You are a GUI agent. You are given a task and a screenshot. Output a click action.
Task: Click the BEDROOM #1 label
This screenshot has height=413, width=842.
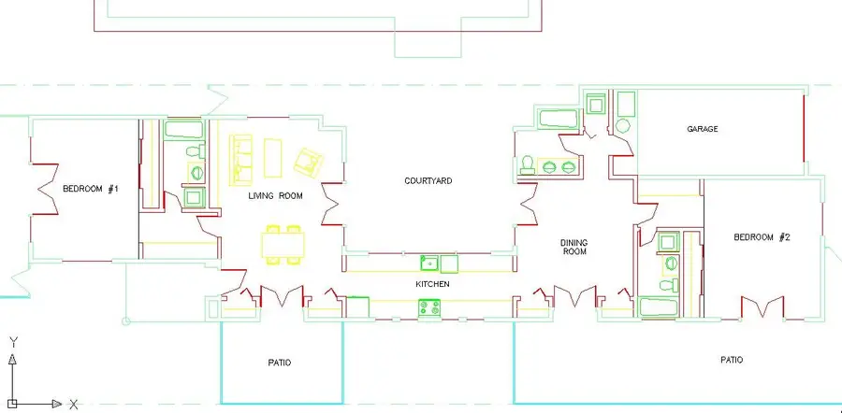click(90, 189)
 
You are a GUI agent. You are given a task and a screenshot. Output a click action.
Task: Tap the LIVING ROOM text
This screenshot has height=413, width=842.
click(275, 196)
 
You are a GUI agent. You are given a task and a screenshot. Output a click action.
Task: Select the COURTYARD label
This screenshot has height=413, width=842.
click(428, 180)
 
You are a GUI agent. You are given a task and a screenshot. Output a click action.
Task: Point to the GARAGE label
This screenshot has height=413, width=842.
click(703, 129)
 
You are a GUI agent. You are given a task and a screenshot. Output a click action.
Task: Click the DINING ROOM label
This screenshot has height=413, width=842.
click(574, 247)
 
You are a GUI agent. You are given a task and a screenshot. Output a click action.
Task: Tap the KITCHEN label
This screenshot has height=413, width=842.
click(433, 284)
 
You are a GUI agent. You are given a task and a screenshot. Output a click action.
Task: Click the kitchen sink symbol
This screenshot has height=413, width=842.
click(429, 263)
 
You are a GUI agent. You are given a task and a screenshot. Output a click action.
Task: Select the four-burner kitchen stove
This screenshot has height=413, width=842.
click(429, 307)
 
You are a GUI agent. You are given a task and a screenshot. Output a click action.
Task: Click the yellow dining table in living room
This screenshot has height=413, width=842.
click(283, 245)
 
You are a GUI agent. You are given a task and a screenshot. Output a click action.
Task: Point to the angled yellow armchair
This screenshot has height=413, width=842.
click(308, 162)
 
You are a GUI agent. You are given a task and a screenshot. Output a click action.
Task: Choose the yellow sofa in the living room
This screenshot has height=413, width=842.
click(241, 160)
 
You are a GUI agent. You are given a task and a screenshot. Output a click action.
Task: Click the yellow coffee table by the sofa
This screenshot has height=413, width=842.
click(273, 158)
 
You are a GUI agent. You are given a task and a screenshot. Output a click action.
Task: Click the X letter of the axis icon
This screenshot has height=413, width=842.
click(74, 405)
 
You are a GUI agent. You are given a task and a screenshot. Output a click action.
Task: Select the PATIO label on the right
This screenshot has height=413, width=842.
click(732, 360)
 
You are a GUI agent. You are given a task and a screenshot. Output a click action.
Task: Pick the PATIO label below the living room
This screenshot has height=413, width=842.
click(279, 363)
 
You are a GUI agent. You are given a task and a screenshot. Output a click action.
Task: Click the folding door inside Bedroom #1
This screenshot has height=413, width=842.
click(45, 189)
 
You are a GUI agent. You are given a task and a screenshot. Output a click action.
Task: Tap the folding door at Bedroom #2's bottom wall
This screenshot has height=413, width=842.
click(762, 306)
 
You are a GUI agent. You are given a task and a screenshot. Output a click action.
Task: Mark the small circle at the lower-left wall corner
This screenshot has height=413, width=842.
click(126, 321)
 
